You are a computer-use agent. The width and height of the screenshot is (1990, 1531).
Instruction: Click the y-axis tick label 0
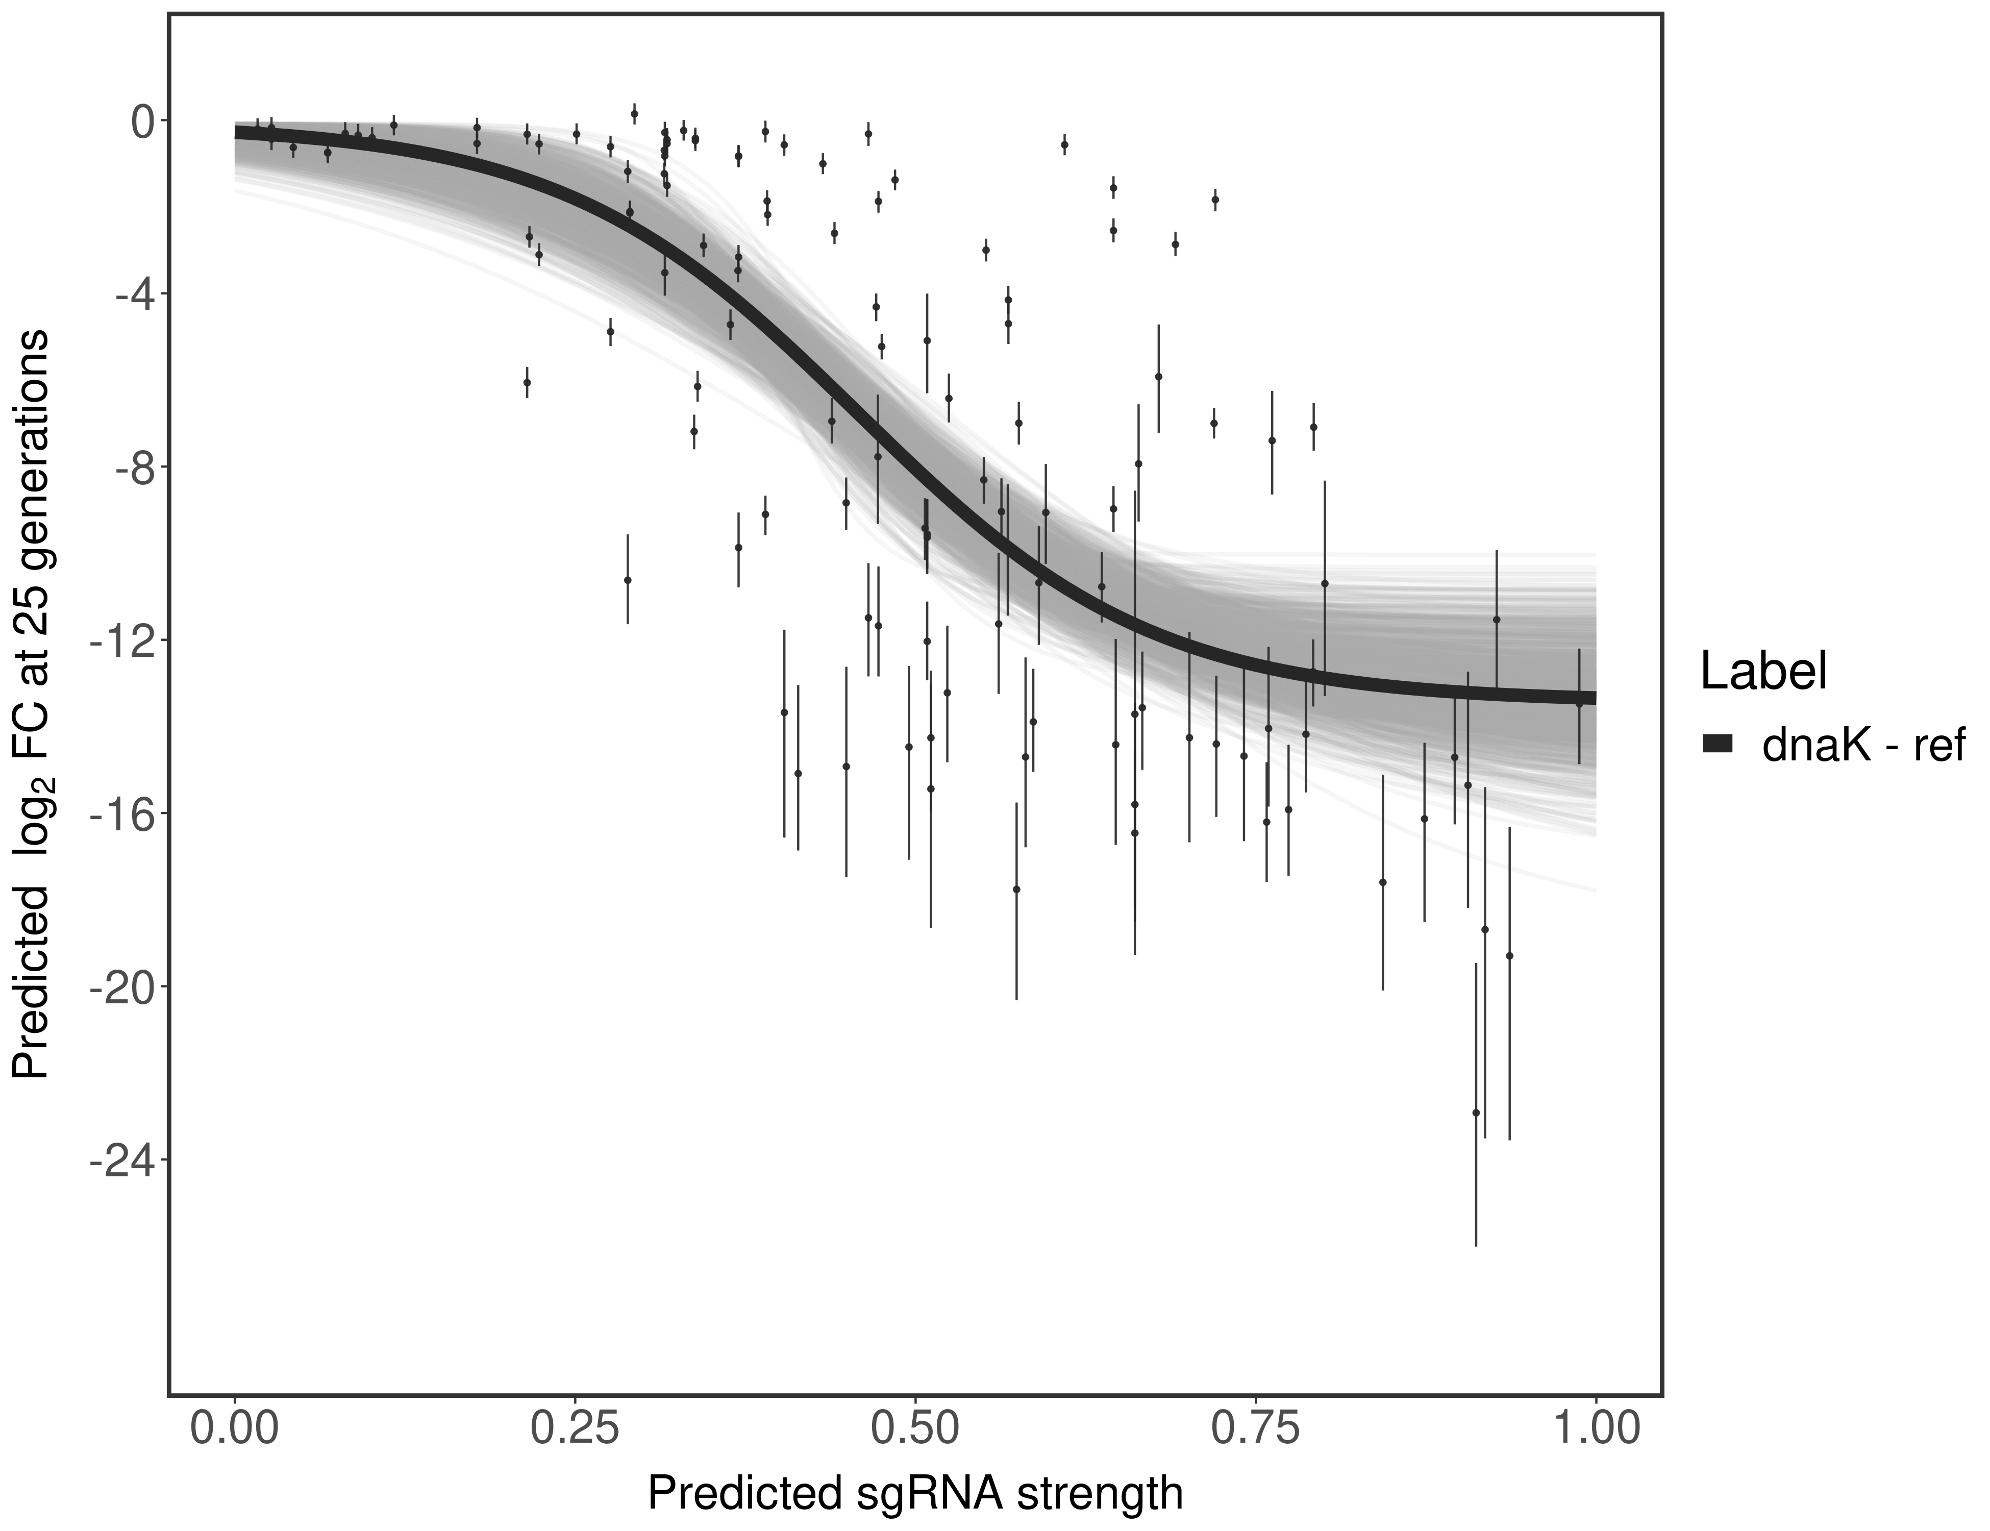(143, 121)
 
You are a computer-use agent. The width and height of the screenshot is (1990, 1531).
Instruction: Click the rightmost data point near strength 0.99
(1579, 704)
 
